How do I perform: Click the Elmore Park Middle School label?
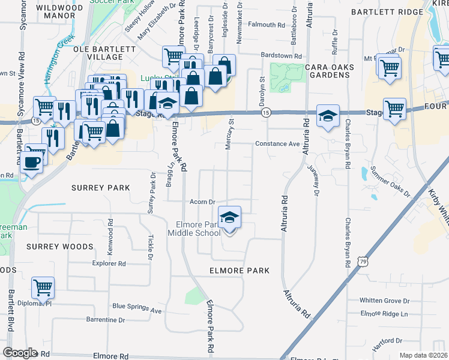193,229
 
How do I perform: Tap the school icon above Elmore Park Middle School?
229,218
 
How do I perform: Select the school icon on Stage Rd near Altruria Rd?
327,116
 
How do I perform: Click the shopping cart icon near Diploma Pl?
43,288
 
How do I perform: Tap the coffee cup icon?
31,161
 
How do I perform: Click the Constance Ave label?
277,144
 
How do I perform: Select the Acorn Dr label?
202,202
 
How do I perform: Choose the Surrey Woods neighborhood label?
59,247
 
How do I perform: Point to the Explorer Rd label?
109,263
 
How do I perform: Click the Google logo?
20,353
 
